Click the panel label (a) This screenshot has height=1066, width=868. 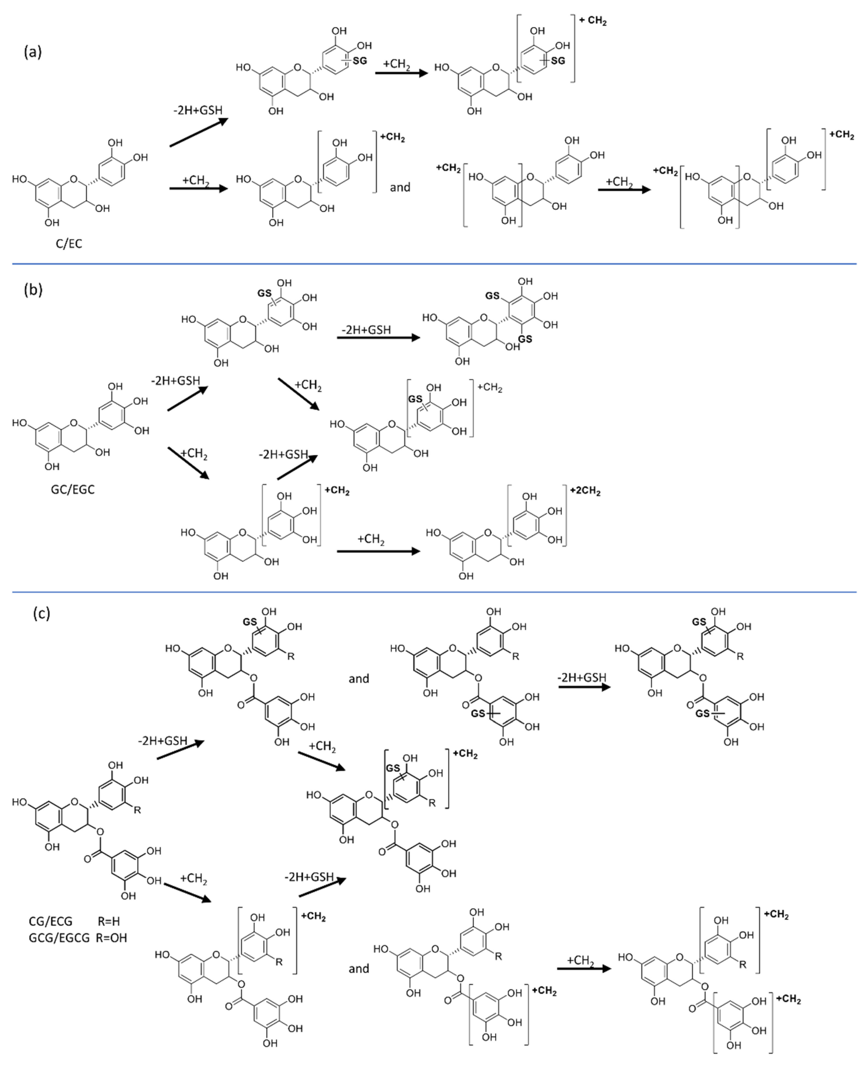pyautogui.click(x=33, y=52)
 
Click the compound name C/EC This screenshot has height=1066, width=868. pyautogui.click(x=69, y=244)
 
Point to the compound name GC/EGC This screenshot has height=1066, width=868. pyautogui.click(x=72, y=489)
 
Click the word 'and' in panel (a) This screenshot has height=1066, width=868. pyautogui.click(x=400, y=187)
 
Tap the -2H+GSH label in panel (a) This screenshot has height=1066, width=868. pyautogui.click(x=198, y=110)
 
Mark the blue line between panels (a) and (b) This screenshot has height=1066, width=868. pyautogui.click(x=434, y=263)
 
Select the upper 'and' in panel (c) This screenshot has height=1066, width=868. pyautogui.click(x=359, y=679)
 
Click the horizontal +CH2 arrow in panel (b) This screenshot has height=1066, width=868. pyautogui.click(x=378, y=551)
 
